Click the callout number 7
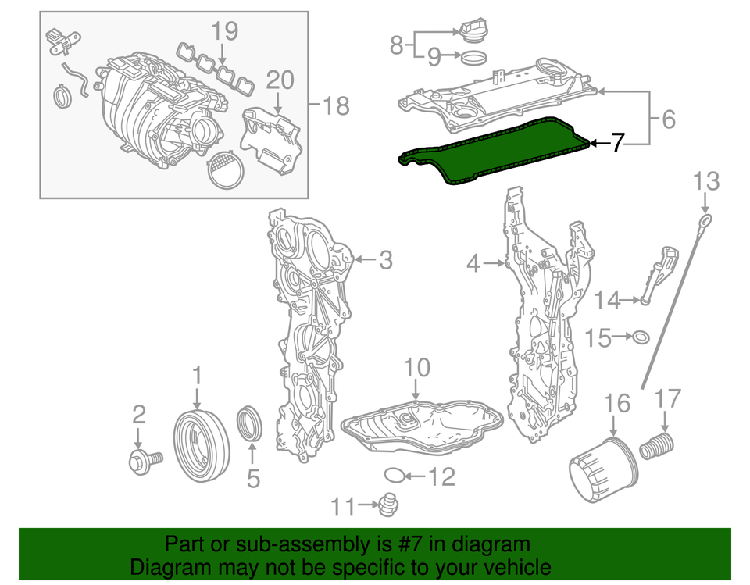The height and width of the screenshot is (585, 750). pyautogui.click(x=617, y=143)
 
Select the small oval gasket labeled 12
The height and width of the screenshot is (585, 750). pyautogui.click(x=396, y=474)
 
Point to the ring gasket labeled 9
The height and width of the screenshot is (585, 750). pyautogui.click(x=472, y=56)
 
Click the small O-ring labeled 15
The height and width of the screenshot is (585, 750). pyautogui.click(x=640, y=337)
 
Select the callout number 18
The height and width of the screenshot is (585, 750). pyautogui.click(x=337, y=105)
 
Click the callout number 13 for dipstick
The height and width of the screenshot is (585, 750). pyautogui.click(x=705, y=182)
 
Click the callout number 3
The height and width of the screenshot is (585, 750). pyautogui.click(x=385, y=260)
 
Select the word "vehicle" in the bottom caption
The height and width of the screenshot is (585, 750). pyautogui.click(x=513, y=567)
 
